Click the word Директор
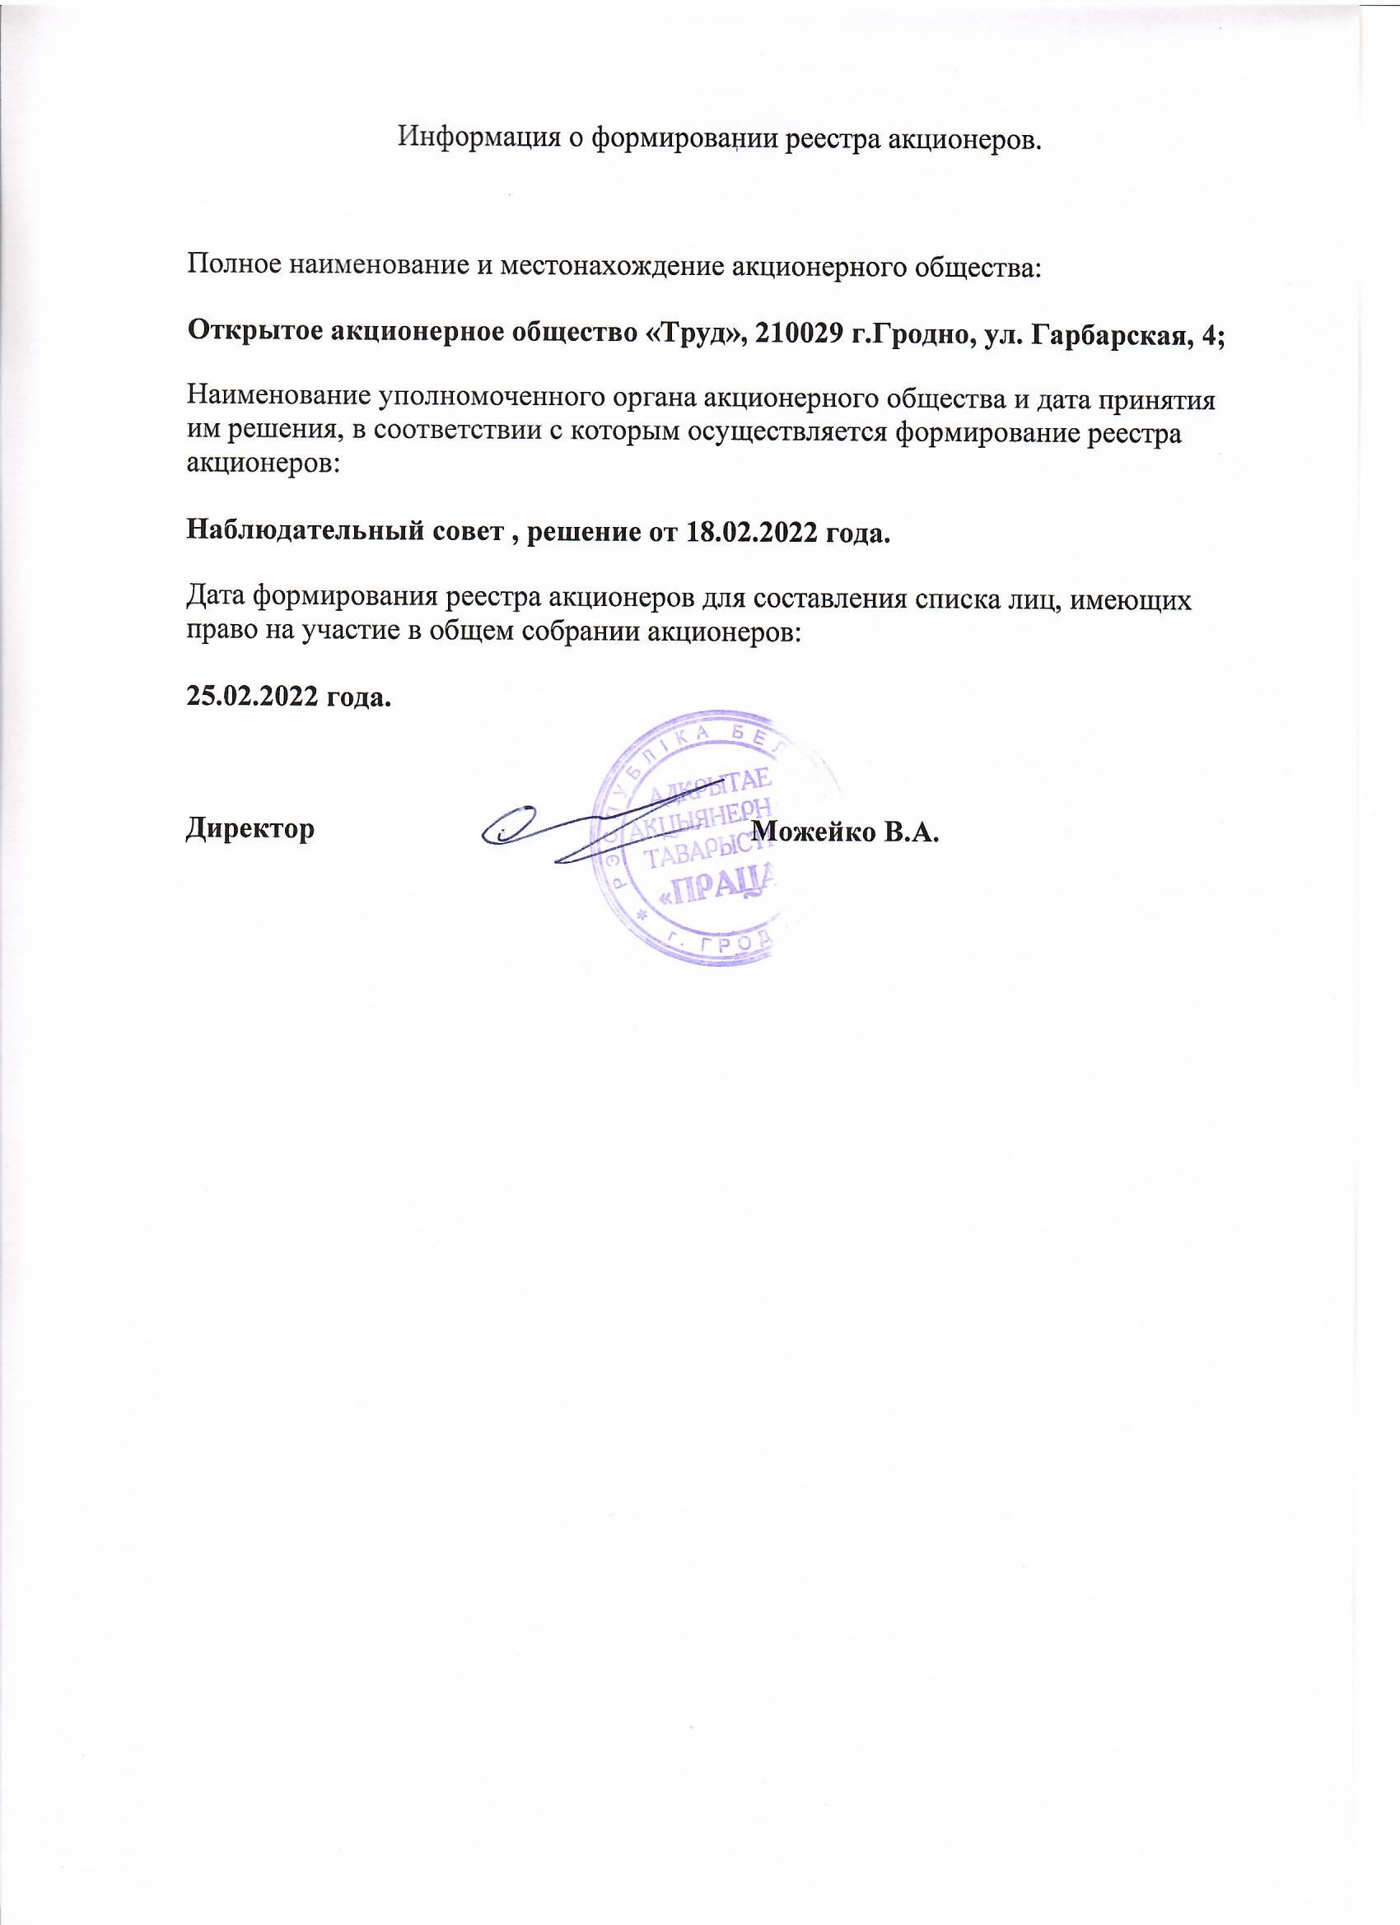click(x=250, y=829)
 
